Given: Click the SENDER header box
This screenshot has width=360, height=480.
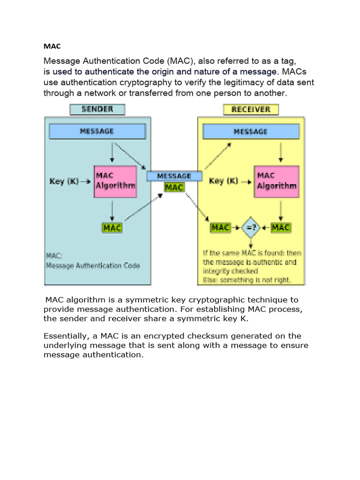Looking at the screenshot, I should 97,109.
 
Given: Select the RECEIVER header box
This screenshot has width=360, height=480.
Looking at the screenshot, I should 250,109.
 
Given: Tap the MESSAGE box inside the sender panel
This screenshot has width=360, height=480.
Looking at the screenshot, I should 97,131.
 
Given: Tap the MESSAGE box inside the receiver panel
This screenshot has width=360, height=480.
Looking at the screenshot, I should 250,131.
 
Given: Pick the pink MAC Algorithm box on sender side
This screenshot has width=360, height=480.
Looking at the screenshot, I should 115,180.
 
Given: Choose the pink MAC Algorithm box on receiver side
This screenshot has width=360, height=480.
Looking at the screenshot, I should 277,180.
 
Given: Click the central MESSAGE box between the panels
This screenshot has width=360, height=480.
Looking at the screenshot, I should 174,176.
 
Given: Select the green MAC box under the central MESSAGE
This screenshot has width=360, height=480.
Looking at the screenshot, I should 174,187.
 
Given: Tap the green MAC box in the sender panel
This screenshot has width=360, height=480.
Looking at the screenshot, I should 112,228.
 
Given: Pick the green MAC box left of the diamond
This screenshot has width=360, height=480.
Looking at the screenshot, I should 220,228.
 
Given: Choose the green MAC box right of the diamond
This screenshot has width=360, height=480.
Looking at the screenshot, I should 281,228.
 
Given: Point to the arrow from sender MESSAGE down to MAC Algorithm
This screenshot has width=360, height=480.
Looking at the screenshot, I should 112,152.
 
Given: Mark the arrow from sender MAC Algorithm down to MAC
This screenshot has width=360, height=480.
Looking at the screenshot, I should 112,210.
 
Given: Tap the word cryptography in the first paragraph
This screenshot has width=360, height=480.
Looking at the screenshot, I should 135,82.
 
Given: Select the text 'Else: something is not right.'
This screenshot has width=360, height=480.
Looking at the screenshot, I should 247,280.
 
